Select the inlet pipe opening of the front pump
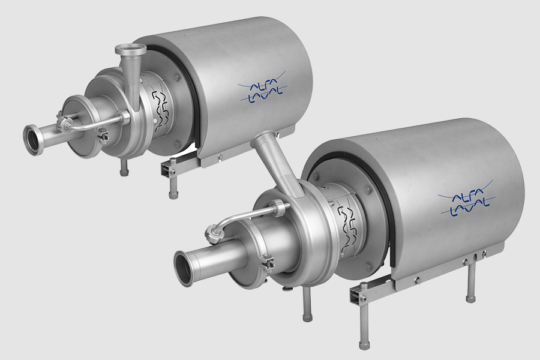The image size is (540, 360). tap(184, 269)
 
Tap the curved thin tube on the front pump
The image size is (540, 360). tap(240, 217)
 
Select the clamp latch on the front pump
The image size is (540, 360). tap(268, 263)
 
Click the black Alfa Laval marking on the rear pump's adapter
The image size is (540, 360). tap(160, 110)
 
